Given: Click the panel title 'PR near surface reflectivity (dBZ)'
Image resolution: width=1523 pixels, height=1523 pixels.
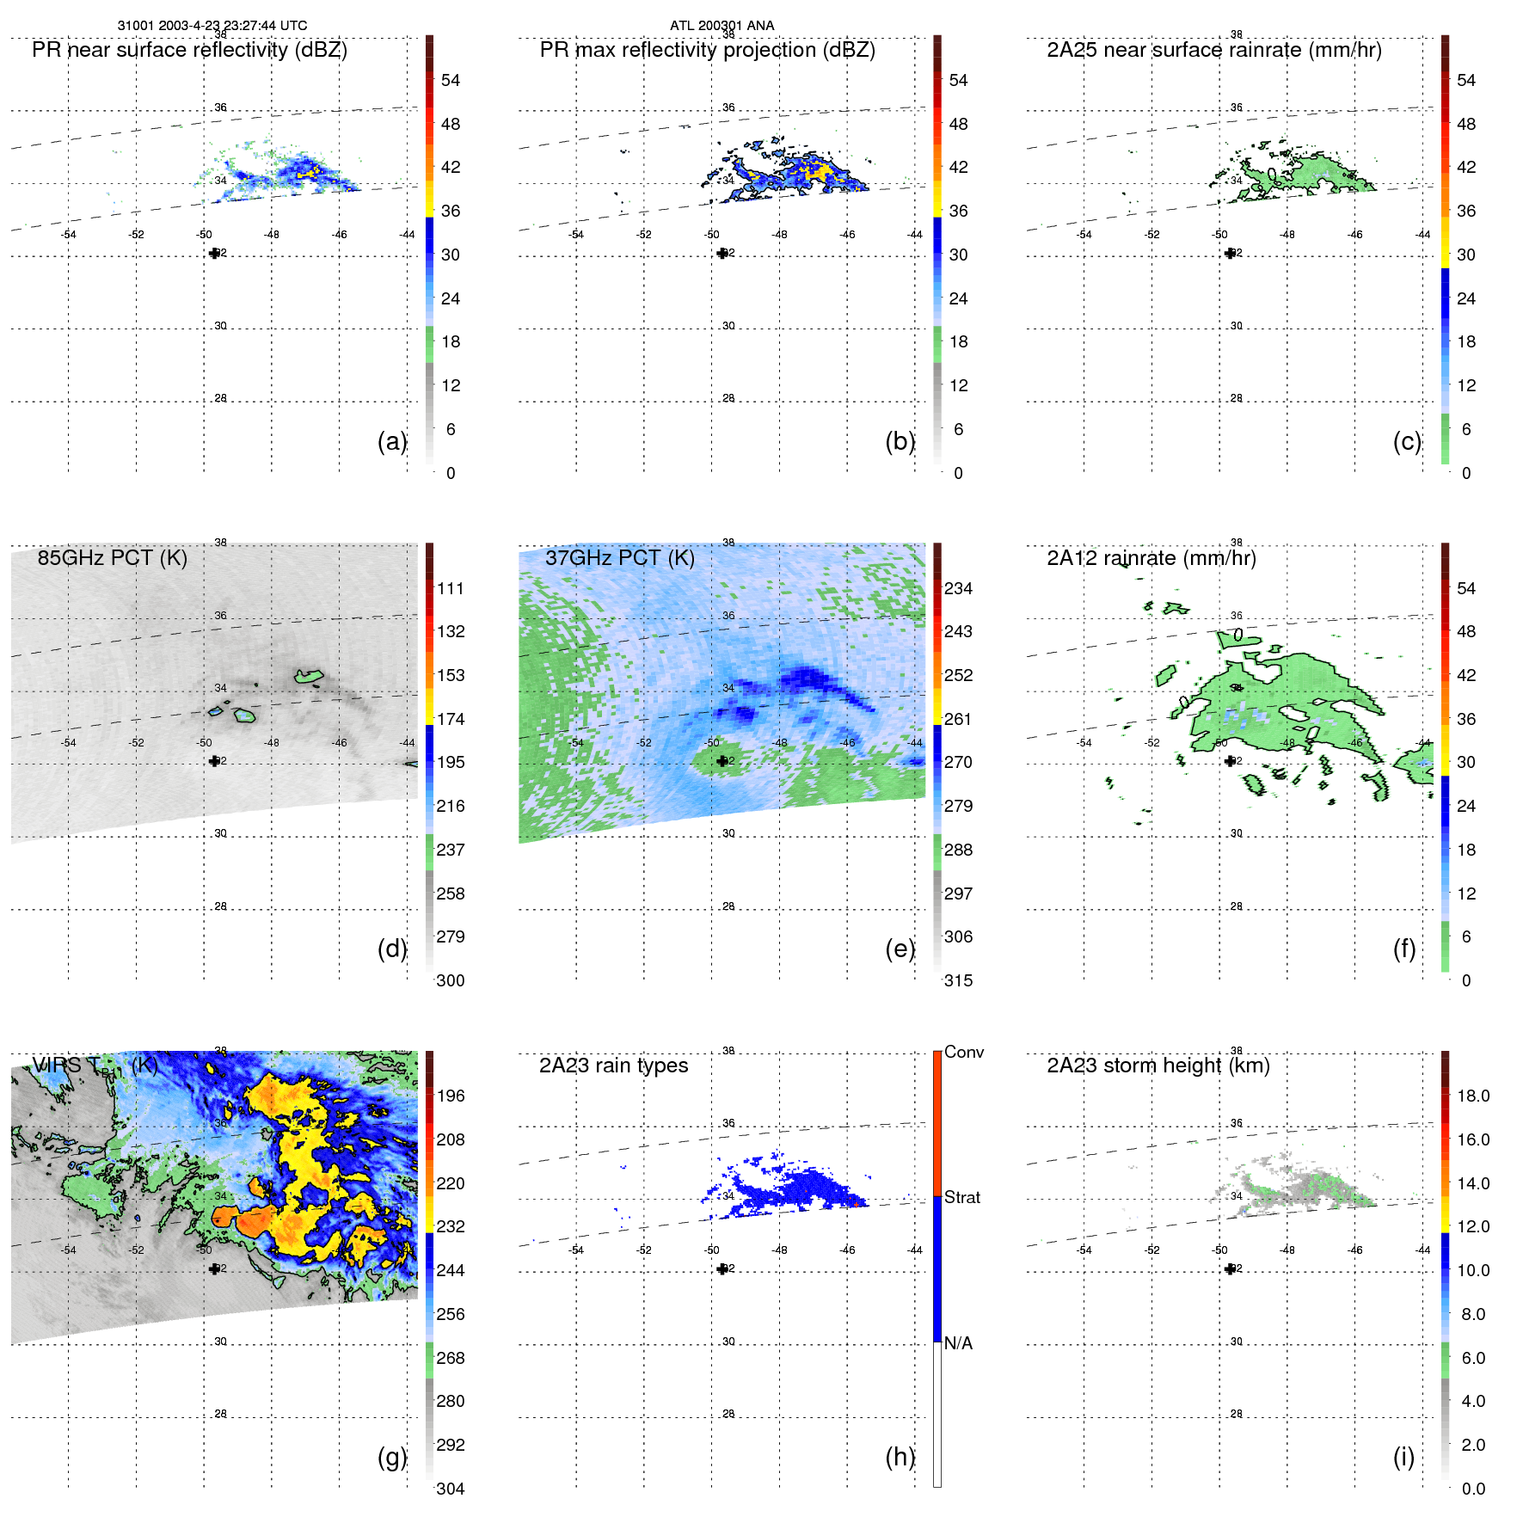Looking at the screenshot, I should point(189,50).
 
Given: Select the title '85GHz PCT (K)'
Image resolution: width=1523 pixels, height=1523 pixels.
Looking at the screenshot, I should point(112,558).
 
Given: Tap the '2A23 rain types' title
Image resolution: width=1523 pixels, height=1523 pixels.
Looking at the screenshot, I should point(613,1065).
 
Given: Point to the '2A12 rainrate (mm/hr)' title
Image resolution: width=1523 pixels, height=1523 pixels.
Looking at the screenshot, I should point(1151,558).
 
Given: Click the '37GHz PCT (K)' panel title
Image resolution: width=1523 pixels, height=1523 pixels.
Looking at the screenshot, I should point(619,558).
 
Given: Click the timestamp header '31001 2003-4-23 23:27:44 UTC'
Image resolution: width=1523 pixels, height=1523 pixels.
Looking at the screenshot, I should point(212,26).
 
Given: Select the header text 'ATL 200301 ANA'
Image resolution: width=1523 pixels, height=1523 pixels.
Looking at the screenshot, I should point(722,26).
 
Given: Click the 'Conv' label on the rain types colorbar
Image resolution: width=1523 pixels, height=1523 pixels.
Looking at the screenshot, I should point(963,1053).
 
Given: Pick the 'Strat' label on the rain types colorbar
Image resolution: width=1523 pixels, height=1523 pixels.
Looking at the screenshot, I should point(961,1198).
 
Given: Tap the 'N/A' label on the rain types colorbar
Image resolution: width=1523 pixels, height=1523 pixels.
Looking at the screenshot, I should point(958,1343).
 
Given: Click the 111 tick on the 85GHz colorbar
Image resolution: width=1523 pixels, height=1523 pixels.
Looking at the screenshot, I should point(450,589).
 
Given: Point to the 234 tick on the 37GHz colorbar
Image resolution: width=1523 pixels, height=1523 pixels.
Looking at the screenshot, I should point(958,589).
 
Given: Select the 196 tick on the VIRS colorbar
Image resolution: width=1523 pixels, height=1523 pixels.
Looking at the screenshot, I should point(450,1096).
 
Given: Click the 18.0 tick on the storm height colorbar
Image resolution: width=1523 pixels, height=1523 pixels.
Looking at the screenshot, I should point(1472,1096).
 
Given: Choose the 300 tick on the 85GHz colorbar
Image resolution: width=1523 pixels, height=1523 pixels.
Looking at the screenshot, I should point(450,981).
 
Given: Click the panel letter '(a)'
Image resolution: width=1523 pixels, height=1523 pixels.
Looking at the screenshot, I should point(391,441).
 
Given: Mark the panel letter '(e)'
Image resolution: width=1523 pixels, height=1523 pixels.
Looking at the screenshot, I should point(900,949).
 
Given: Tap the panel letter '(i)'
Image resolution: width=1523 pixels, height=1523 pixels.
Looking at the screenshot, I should point(1403,1458).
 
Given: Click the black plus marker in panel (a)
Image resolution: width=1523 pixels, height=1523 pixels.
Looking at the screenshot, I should point(214,254).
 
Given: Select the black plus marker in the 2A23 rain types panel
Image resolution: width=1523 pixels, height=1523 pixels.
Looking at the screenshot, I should point(722,1269).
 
